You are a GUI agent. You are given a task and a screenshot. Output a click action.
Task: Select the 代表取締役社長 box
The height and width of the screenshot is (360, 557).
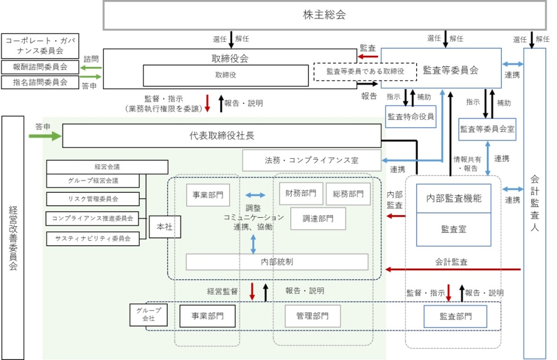pyautogui.click(x=222, y=135)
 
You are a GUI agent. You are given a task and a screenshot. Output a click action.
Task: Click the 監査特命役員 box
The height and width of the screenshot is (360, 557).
pyautogui.click(x=410, y=116)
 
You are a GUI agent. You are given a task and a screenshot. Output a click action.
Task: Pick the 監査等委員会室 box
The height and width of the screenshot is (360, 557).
pyautogui.click(x=487, y=129)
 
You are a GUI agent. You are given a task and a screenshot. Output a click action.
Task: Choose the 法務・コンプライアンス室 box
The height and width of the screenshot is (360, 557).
pyautogui.click(x=311, y=160)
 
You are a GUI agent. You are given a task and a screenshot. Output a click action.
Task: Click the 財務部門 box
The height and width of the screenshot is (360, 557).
pyautogui.click(x=300, y=194)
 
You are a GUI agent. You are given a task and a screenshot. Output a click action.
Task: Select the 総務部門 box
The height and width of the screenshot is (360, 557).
pyautogui.click(x=348, y=194)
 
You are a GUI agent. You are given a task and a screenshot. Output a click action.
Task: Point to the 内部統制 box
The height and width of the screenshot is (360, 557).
pyautogui.click(x=277, y=261)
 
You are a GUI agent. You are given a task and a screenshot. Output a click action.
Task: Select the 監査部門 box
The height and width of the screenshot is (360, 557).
pyautogui.click(x=455, y=317)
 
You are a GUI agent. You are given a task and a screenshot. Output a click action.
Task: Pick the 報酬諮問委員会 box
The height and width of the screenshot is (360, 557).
pyautogui.click(x=40, y=67)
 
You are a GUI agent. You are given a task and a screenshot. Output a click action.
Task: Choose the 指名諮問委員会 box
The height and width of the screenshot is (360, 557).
pyautogui.click(x=40, y=82)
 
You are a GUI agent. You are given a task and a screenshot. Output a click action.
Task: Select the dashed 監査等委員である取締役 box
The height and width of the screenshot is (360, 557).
pyautogui.click(x=365, y=71)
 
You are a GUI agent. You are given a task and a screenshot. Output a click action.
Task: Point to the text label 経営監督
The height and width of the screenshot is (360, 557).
pyautogui.click(x=223, y=291)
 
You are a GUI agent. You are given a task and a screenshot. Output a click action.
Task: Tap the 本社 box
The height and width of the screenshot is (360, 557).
pyautogui.click(x=165, y=227)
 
